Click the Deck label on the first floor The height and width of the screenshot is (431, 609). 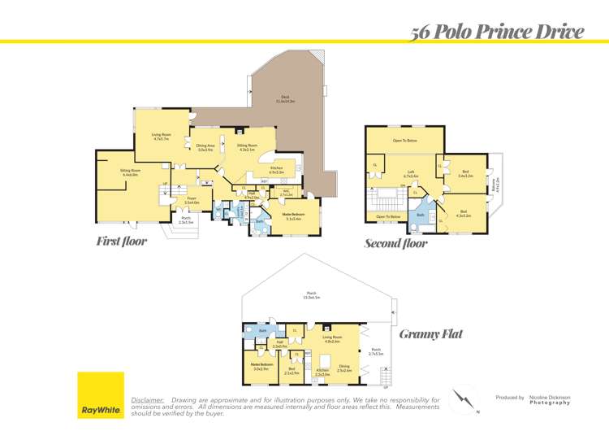click(284, 98)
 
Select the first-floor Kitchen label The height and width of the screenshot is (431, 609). click(276, 170)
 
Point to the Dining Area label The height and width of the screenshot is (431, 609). click(206, 147)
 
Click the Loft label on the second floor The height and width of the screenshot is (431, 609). click(411, 173)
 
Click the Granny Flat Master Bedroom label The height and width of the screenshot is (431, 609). click(261, 365)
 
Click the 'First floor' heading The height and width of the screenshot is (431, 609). click(121, 242)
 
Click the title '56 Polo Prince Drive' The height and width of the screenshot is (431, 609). click(497, 33)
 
